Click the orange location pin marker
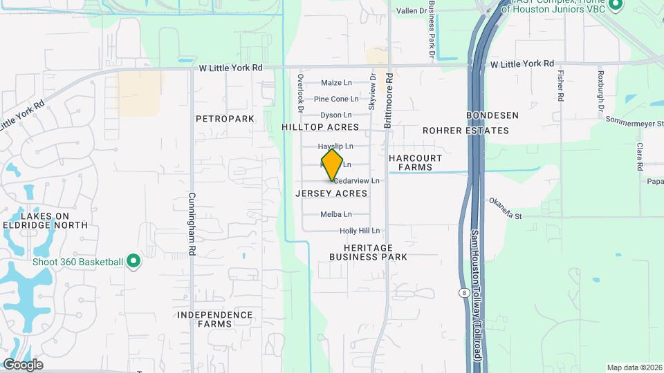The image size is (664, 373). [x=332, y=165]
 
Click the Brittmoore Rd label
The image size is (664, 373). [x=389, y=102]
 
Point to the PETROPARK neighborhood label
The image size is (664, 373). [x=225, y=119]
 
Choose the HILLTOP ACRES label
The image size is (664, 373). [x=320, y=128]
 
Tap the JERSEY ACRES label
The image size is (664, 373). [x=331, y=193]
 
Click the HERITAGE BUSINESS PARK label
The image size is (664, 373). [x=368, y=252]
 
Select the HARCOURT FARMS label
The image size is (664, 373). [x=415, y=162]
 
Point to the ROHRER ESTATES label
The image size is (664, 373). [x=465, y=131]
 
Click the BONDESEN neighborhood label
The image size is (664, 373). [x=492, y=115]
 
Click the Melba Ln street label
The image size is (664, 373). [x=336, y=214]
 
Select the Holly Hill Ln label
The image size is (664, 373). [x=360, y=231]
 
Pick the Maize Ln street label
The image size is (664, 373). [x=336, y=83]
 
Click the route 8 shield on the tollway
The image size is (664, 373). [x=462, y=293]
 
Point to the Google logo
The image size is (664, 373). [x=23, y=365]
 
